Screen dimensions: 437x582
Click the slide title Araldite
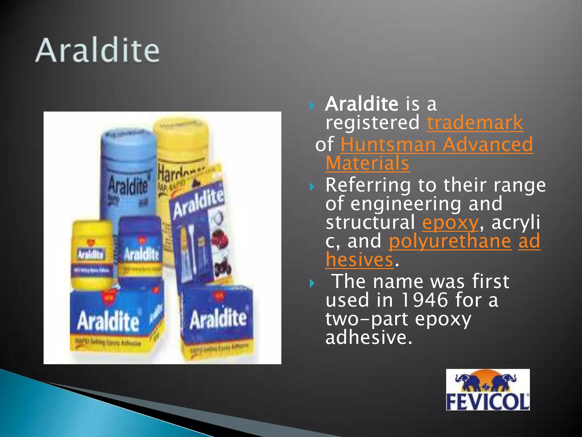[97, 51]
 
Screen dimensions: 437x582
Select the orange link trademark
[475, 123]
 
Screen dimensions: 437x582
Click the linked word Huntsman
[388, 145]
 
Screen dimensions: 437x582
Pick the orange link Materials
[367, 163]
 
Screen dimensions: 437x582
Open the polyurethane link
[450, 241]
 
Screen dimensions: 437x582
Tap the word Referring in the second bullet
[368, 185]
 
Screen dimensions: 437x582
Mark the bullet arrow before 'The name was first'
[312, 283]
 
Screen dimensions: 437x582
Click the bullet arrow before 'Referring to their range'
[312, 187]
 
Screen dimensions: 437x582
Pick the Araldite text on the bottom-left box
[108, 321]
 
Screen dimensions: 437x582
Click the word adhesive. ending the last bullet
[368, 338]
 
